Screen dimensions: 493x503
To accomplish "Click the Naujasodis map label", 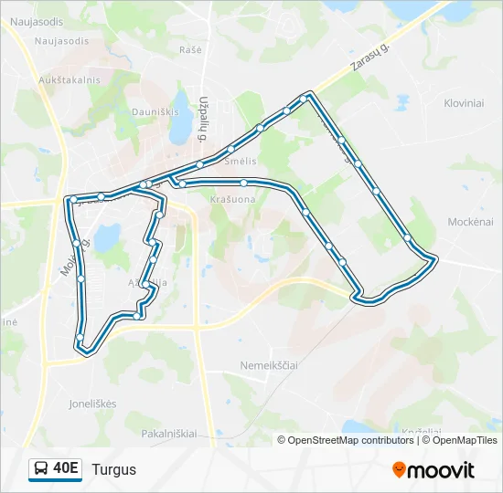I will [x=61, y=41].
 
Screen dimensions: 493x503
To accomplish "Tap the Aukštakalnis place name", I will [x=69, y=80].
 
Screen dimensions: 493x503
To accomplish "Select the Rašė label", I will [x=190, y=49].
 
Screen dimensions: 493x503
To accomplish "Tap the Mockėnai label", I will [x=471, y=222].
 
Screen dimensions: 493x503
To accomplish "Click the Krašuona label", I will [x=232, y=199].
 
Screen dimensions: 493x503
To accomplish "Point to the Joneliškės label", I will [x=91, y=404].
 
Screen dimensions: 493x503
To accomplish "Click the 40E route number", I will [x=66, y=469].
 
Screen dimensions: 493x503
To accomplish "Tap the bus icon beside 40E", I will [x=42, y=469].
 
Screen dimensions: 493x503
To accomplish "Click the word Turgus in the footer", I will [x=113, y=469].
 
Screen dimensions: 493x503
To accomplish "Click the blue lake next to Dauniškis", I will [x=181, y=130].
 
